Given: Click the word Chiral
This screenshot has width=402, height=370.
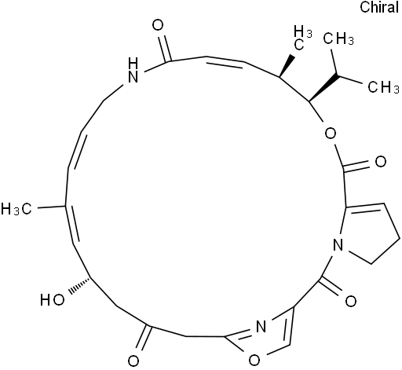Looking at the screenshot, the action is pyautogui.click(x=379, y=7).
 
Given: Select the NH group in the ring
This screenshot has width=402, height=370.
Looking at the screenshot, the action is pyautogui.click(x=133, y=70).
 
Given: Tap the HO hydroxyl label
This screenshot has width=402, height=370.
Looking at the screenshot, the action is pyautogui.click(x=53, y=300).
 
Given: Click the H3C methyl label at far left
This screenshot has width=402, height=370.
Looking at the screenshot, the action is pyautogui.click(x=16, y=209).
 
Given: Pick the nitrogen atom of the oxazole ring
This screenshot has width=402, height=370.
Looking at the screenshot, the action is pyautogui.click(x=261, y=327).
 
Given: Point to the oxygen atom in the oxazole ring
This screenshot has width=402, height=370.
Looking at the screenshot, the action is pyautogui.click(x=254, y=361).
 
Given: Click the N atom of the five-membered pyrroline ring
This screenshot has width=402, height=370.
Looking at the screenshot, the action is pyautogui.click(x=338, y=245).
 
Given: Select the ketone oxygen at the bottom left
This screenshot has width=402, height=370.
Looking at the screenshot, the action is pyautogui.click(x=133, y=361).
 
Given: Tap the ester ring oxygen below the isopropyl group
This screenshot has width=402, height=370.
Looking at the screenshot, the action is pyautogui.click(x=331, y=134).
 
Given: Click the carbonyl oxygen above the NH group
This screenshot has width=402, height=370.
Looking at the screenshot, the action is pyautogui.click(x=158, y=25).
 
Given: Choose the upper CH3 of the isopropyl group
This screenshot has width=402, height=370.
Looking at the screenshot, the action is pyautogui.click(x=338, y=39).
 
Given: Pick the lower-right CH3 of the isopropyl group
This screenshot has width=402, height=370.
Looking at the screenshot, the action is pyautogui.click(x=383, y=87).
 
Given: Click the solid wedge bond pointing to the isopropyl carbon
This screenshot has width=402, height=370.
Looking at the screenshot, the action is pyautogui.click(x=324, y=88).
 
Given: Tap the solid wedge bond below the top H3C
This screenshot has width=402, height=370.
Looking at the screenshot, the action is pyautogui.click(x=287, y=66).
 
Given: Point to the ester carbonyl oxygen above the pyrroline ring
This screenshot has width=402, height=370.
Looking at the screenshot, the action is pyautogui.click(x=381, y=162).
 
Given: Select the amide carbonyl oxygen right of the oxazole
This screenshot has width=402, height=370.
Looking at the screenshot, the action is pyautogui.click(x=350, y=301).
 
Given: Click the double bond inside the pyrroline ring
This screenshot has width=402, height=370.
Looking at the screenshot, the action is pyautogui.click(x=365, y=207).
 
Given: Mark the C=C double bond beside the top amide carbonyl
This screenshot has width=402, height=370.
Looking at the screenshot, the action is pyautogui.click(x=225, y=61).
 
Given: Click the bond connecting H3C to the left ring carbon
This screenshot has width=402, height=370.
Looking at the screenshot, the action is pyautogui.click(x=52, y=207).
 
